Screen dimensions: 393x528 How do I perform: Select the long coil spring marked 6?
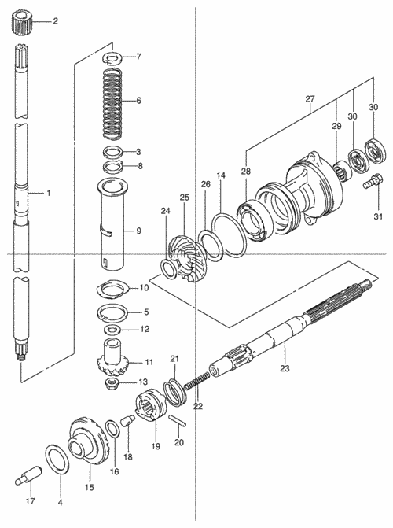(x=112, y=103)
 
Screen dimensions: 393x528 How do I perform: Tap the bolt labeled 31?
(x=373, y=180)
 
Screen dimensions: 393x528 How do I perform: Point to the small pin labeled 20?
(x=178, y=421)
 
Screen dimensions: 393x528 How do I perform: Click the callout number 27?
(x=310, y=99)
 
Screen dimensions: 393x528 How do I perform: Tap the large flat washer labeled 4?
(x=57, y=459)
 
